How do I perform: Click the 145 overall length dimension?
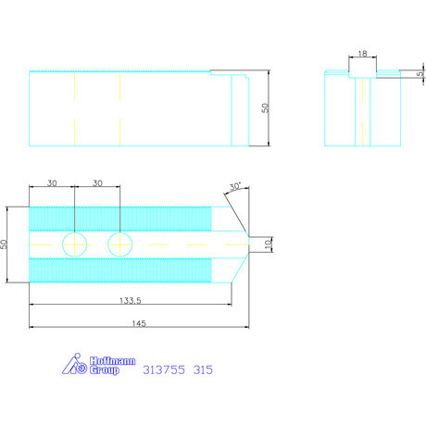(139, 323)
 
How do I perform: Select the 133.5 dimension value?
(131, 300)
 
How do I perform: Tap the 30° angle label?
(235, 186)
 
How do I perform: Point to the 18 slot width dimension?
(362, 54)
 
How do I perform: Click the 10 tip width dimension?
(269, 244)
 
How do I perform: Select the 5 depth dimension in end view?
(420, 74)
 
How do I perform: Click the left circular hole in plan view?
(74, 244)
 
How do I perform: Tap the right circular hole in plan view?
(120, 244)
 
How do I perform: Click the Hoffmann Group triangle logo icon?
(75, 364)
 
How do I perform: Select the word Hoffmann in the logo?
(112, 361)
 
